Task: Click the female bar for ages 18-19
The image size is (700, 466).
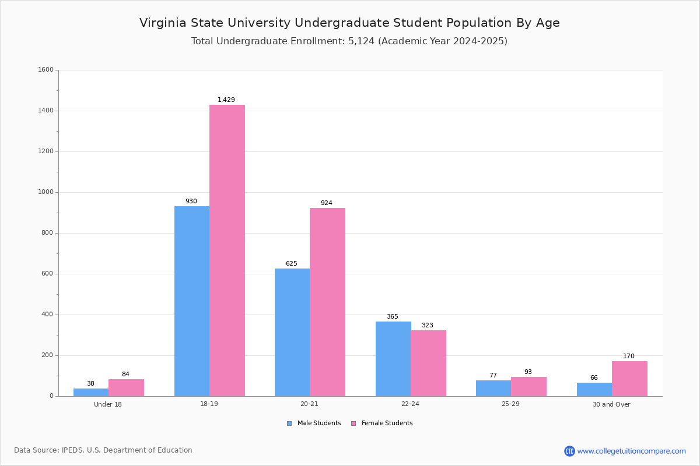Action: (227, 250)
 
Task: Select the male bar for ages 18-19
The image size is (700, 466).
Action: (192, 301)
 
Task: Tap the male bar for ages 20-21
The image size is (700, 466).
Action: (292, 332)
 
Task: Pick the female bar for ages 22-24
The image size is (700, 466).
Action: (428, 363)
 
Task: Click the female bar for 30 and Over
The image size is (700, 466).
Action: (629, 379)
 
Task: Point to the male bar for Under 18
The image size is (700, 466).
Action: (91, 392)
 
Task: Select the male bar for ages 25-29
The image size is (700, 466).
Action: (494, 388)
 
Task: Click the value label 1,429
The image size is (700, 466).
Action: (226, 100)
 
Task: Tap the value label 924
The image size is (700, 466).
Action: (327, 203)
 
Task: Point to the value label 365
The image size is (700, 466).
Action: (393, 317)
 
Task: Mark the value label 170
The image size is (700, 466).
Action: (629, 356)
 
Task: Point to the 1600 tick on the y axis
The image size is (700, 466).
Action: (45, 70)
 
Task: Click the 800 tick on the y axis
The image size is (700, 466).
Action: (47, 233)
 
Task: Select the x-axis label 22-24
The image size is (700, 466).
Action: (410, 404)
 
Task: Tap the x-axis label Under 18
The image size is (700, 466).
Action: (108, 404)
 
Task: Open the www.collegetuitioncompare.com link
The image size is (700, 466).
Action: (631, 451)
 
